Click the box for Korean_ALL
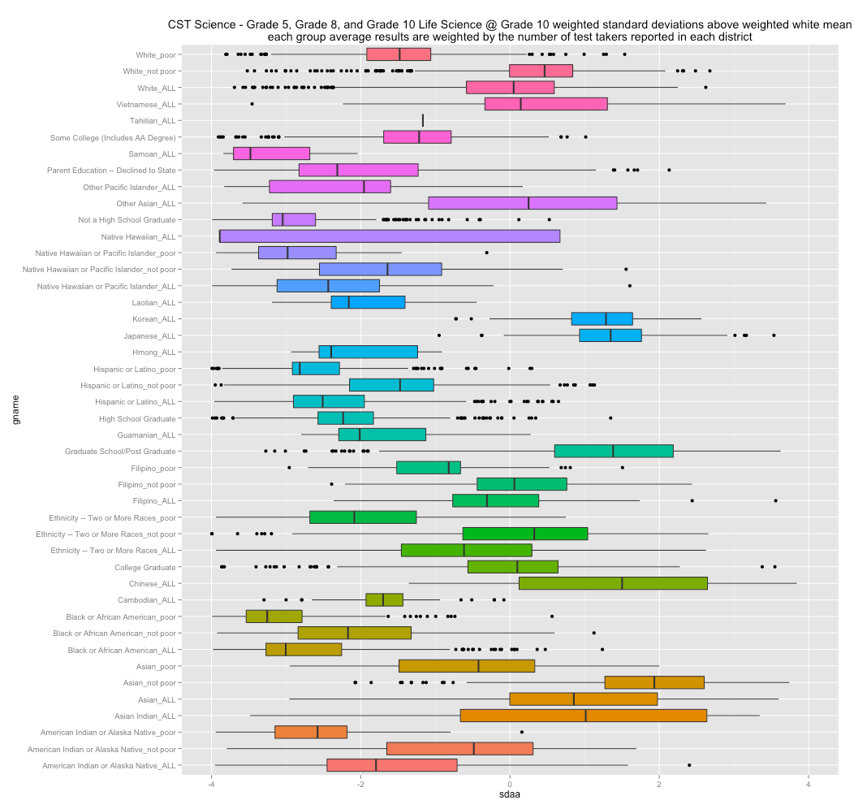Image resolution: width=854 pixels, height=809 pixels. [x=602, y=318]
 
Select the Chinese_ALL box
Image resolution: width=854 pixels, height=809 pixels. [x=613, y=583]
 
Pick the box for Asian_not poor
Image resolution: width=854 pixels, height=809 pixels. [x=654, y=682]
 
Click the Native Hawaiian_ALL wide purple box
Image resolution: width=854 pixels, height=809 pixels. [x=390, y=236]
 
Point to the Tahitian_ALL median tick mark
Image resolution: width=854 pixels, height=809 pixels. [x=423, y=120]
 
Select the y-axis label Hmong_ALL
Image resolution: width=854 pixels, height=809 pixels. [x=154, y=353]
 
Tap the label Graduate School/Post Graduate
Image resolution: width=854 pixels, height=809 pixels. [x=120, y=452]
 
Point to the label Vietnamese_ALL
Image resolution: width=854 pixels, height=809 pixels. [x=144, y=105]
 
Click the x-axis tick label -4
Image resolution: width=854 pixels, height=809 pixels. [x=211, y=783]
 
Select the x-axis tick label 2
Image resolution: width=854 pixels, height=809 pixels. [x=659, y=783]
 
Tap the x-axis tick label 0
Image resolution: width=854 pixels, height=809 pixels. [x=510, y=783]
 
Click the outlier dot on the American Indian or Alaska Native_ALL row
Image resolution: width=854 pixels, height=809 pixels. [x=689, y=765]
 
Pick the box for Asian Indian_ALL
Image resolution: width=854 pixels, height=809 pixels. [x=583, y=716]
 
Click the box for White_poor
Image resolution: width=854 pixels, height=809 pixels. [x=399, y=54]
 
